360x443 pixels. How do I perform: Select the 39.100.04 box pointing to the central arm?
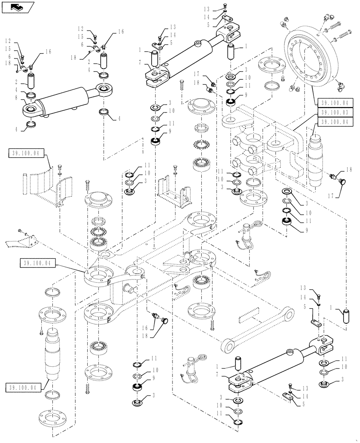38,263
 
